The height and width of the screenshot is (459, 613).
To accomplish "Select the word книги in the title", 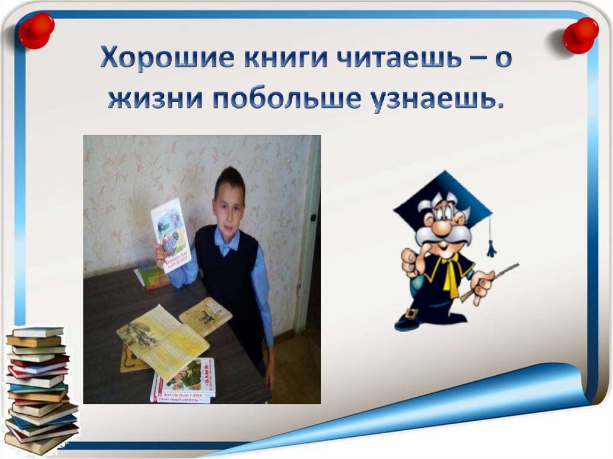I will tap(254, 61).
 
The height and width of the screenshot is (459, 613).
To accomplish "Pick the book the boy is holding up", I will tap(170, 233).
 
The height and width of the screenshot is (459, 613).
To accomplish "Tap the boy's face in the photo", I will tap(229, 203).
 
